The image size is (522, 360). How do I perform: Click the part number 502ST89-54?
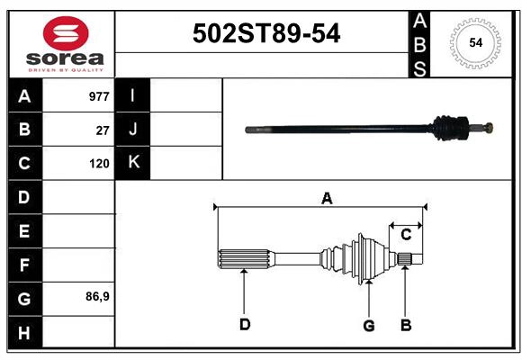[x=266, y=34]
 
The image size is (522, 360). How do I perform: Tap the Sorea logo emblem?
[x=66, y=35]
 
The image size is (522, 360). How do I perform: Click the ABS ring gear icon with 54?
[x=476, y=42]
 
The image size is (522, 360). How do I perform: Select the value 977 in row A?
[x=99, y=95]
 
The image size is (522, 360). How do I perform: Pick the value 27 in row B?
[x=103, y=130]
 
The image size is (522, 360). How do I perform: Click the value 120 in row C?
[x=99, y=164]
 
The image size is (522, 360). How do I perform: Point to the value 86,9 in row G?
[x=97, y=296]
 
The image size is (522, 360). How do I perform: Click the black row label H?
[x=24, y=333]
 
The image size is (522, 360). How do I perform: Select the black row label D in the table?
[x=24, y=196]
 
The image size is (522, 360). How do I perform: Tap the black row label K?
[x=133, y=163]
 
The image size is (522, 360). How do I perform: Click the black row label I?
[x=133, y=95]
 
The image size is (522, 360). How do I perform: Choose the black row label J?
[x=133, y=130]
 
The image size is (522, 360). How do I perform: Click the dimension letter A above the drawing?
[x=327, y=198]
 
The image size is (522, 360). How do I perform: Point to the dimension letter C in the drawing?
[x=406, y=235]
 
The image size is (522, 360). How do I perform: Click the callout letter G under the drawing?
[x=368, y=325]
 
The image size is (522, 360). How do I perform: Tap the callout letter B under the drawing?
[x=406, y=325]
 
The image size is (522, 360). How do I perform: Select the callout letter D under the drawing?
[x=244, y=325]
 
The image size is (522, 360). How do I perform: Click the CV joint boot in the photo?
[x=447, y=128]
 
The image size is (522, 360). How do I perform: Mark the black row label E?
[x=24, y=231]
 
